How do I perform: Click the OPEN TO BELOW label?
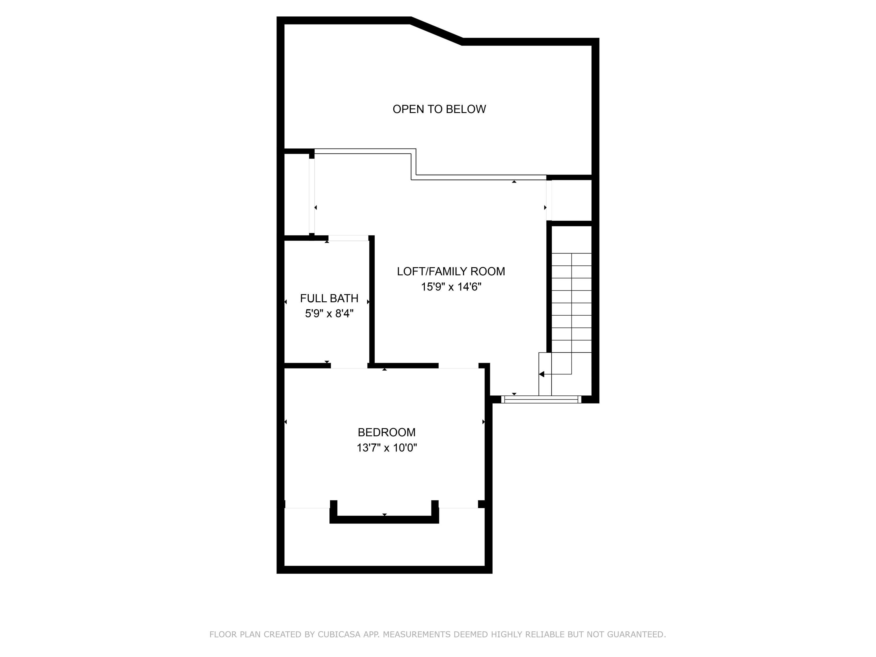(x=439, y=109)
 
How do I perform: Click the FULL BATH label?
(x=329, y=298)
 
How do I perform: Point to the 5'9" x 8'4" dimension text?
(x=329, y=314)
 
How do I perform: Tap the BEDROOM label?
(x=387, y=432)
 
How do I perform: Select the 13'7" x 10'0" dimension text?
(x=387, y=448)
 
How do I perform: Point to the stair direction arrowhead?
(x=542, y=374)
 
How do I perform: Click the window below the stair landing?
(x=541, y=399)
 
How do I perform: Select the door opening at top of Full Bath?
(x=348, y=238)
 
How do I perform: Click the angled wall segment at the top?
(x=437, y=31)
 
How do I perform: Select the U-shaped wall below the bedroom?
(x=384, y=519)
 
